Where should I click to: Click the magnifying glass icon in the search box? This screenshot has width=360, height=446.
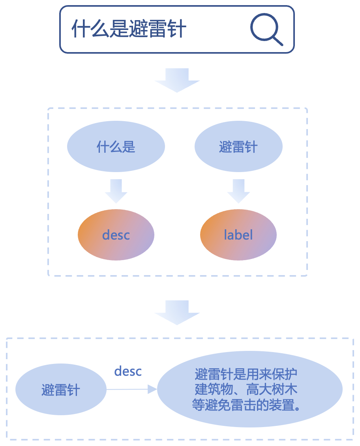point(266,28)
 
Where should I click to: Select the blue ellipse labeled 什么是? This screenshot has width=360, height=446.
point(116,147)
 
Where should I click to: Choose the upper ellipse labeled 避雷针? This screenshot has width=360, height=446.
point(238,147)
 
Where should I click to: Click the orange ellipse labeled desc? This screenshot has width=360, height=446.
point(116,235)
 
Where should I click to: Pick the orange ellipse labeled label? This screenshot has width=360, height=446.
point(238,235)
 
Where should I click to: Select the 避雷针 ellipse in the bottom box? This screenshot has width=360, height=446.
point(61,390)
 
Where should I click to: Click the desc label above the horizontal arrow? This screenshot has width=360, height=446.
point(128,371)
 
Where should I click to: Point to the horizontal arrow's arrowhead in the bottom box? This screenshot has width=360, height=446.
point(152,390)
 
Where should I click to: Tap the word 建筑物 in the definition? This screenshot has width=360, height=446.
point(214,390)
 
